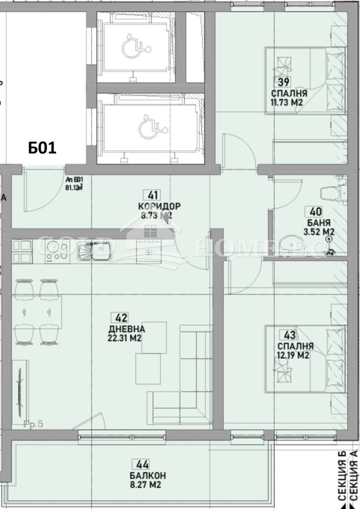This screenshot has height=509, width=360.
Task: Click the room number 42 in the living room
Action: click(122, 318)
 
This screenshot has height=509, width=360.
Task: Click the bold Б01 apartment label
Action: click(42, 148)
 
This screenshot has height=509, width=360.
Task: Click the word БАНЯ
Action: click(320, 222)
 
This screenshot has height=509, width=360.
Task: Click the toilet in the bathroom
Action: click(331, 193)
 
